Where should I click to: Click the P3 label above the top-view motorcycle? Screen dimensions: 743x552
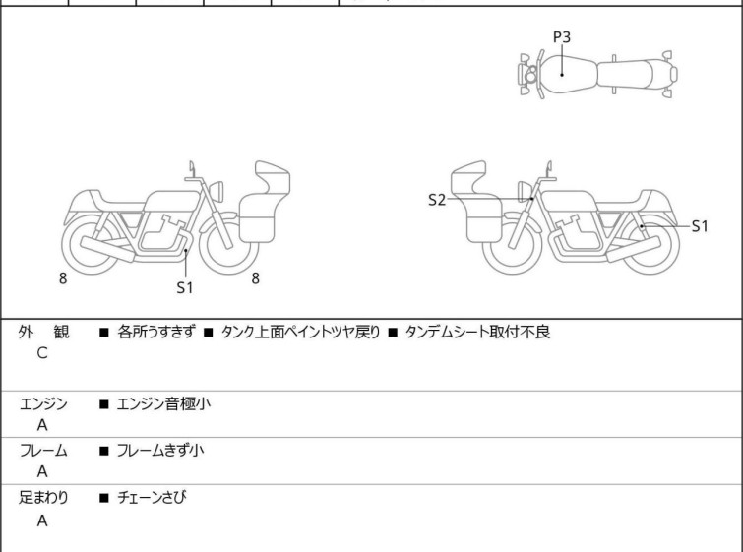click(562, 37)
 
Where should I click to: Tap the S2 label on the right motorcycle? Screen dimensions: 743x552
click(437, 200)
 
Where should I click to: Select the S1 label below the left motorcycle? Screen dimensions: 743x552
click(185, 287)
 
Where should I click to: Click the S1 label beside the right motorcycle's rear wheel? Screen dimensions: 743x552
click(700, 226)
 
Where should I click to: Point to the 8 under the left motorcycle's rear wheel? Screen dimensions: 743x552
click(63, 278)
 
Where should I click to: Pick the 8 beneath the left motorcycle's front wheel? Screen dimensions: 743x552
click(256, 278)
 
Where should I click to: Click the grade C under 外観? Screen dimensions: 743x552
click(42, 353)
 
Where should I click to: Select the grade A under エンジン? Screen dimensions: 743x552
click(42, 425)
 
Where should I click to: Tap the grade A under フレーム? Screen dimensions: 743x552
click(42, 471)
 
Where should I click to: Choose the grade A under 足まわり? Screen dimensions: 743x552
click(42, 521)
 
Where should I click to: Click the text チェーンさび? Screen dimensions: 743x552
click(152, 497)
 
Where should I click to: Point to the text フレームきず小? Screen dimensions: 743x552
click(160, 450)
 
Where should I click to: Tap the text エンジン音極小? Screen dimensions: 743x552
click(163, 403)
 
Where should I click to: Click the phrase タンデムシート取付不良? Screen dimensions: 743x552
click(477, 332)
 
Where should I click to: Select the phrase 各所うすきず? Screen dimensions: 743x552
click(155, 332)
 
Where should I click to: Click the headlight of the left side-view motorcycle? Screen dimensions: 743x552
click(217, 191)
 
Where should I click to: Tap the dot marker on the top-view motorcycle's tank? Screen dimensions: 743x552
click(562, 75)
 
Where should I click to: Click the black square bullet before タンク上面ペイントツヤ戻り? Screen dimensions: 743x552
click(208, 333)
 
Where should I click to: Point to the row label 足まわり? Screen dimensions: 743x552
click(43, 497)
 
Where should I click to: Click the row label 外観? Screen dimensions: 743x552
click(43, 332)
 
